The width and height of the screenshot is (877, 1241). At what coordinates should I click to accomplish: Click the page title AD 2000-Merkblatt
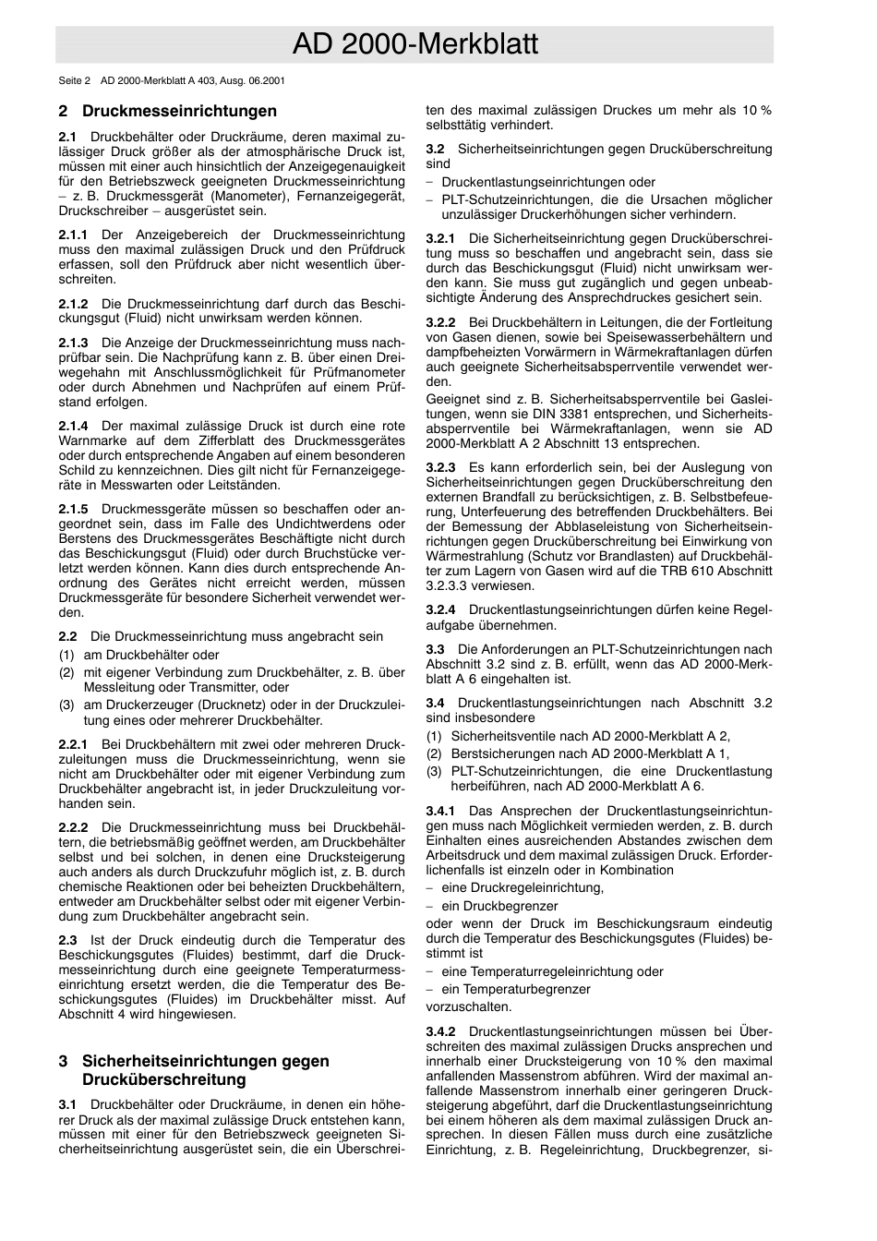pos(414,44)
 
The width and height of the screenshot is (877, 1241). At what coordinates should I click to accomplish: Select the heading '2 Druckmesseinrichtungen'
pos(167,112)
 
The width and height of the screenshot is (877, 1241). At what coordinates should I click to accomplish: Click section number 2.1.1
pos(73,235)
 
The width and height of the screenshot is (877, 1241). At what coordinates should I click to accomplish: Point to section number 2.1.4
pos(73,426)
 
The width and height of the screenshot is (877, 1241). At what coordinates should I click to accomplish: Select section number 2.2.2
pos(73,827)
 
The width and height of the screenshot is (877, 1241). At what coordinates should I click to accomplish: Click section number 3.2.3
pos(440,468)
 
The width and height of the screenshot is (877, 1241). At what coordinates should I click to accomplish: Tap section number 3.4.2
pos(440,1031)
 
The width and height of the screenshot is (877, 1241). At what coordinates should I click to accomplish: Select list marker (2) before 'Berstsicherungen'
pos(434,753)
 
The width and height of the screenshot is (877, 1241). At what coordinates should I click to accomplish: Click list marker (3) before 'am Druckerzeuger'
pos(66,705)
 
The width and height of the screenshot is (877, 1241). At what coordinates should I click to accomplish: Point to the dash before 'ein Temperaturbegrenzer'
pos(429,989)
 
